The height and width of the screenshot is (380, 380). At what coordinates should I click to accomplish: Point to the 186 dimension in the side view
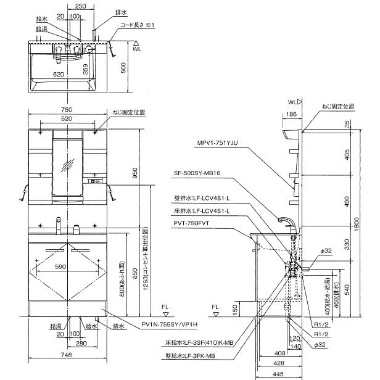coord(292,115)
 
